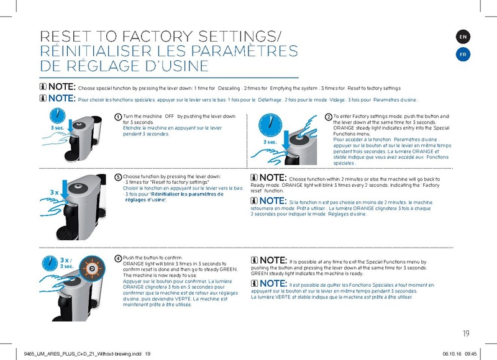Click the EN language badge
[x=463, y=38]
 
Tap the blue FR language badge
[x=463, y=55]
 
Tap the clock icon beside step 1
[x=57, y=116]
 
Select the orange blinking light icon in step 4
[x=92, y=268]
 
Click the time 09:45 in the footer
[x=470, y=354]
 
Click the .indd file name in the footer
[x=81, y=354]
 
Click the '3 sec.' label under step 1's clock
[x=57, y=128]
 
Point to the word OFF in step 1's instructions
[x=168, y=116]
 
